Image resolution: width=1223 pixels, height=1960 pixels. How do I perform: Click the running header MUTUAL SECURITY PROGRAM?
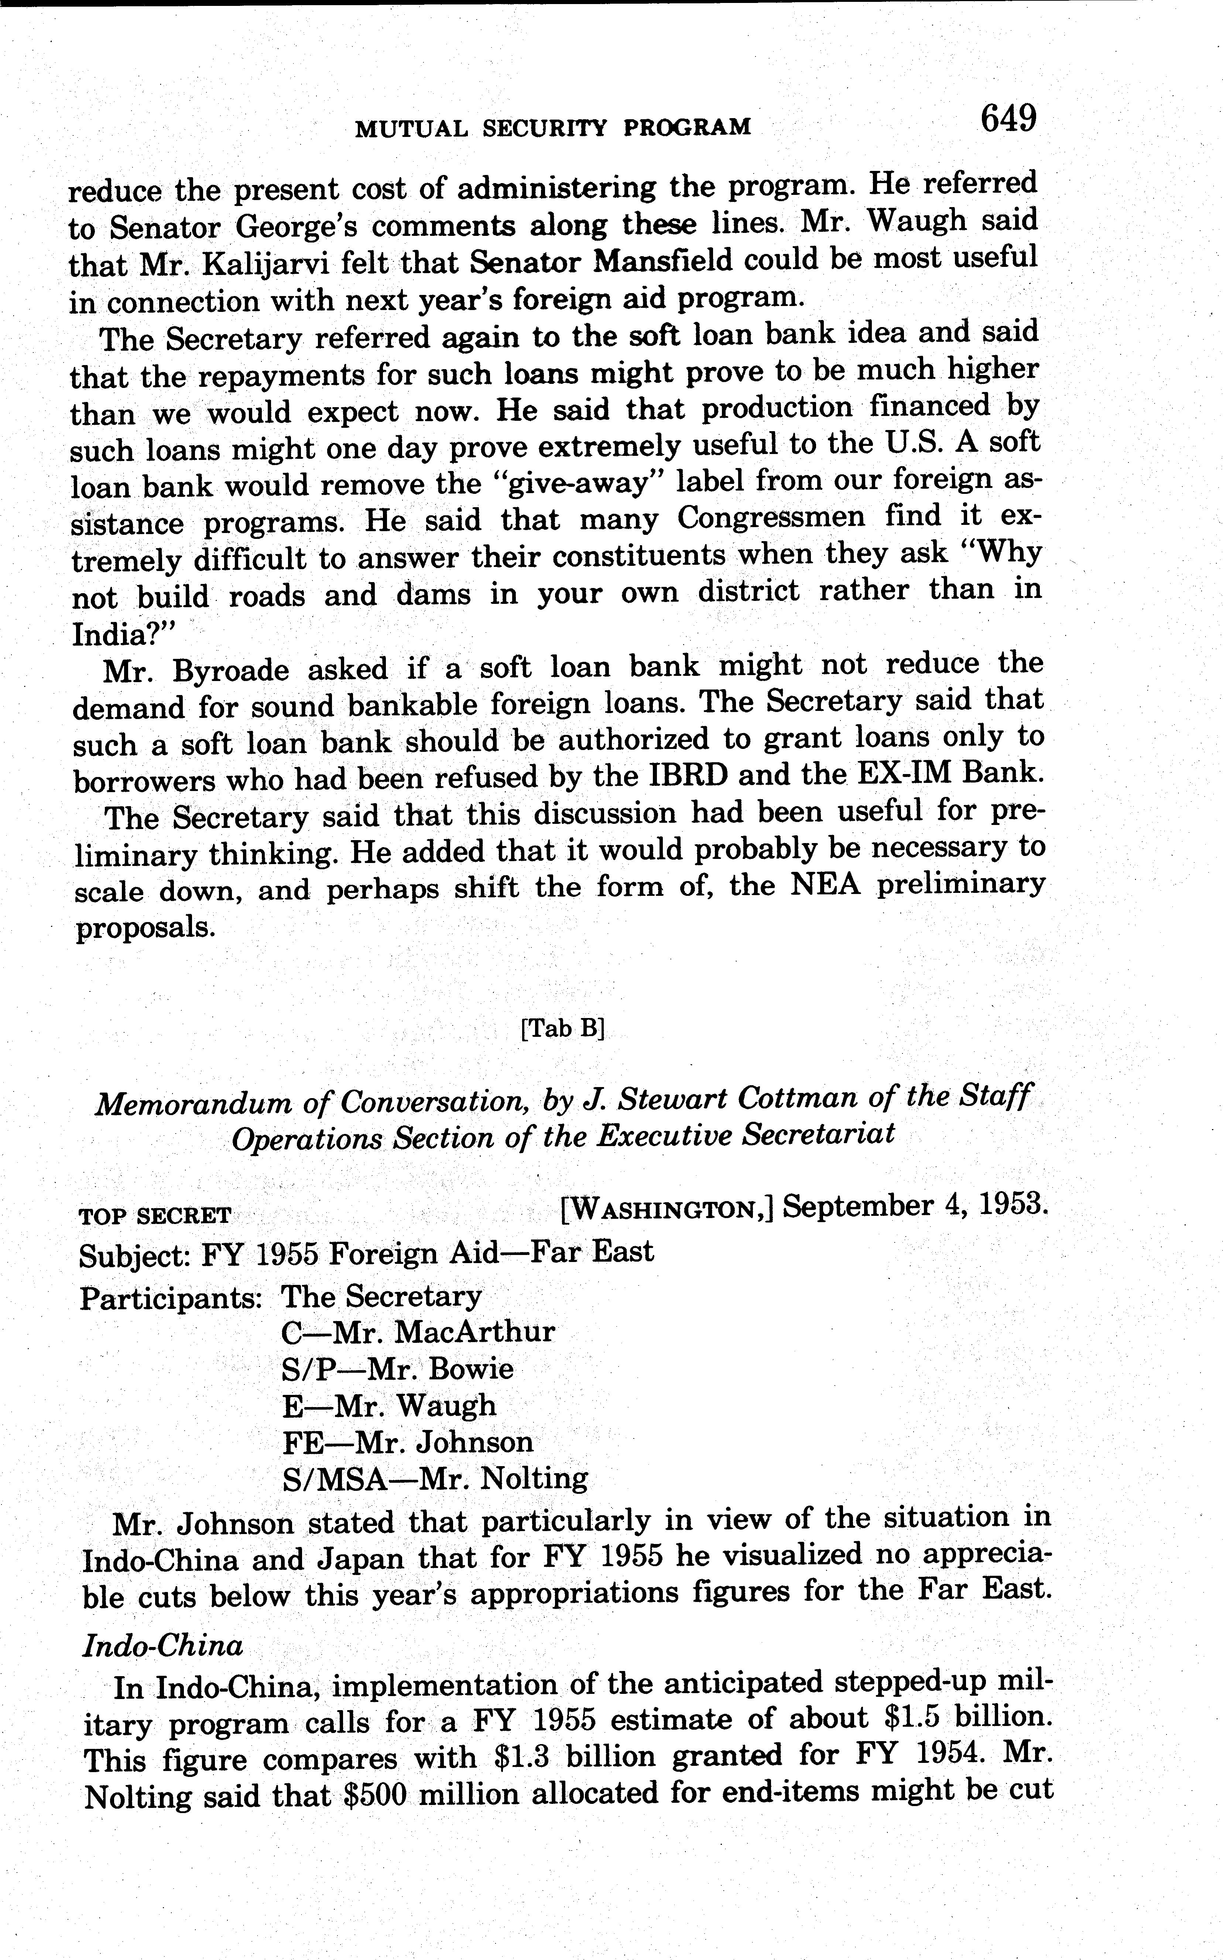(554, 127)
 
